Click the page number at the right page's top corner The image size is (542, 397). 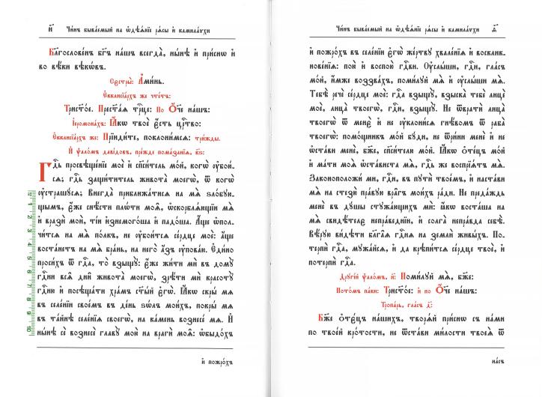click(x=515, y=30)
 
